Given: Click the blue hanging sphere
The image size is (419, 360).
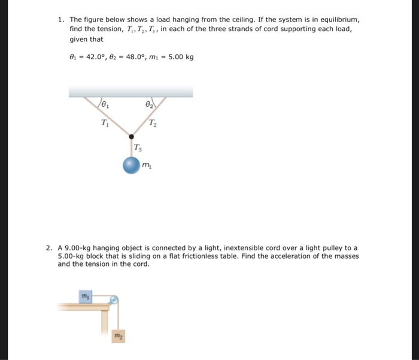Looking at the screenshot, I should pyautogui.click(x=132, y=165).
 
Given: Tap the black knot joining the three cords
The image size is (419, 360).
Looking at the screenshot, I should pyautogui.click(x=132, y=137).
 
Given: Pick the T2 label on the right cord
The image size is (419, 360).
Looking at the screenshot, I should pyautogui.click(x=153, y=124).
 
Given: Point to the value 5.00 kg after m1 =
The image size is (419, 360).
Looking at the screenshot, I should pyautogui.click(x=182, y=58).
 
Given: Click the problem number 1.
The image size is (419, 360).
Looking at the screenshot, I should pyautogui.click(x=60, y=20).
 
